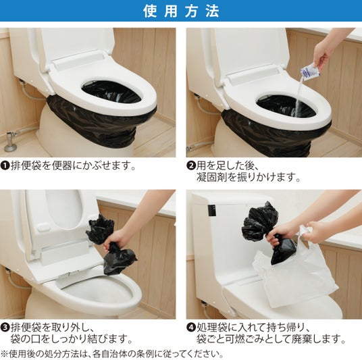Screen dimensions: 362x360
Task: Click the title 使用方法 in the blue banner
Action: tap(181, 11)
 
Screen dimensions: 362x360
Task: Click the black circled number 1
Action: tap(4, 165)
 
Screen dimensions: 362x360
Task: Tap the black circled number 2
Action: tap(191, 165)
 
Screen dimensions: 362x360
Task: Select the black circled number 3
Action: tap(4, 328)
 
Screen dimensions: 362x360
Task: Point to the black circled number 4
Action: tap(191, 328)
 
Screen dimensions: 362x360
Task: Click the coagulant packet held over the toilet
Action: tap(309, 72)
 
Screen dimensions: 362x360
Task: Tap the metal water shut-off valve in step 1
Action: tap(9, 142)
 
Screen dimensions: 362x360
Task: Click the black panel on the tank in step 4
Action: tap(211, 210)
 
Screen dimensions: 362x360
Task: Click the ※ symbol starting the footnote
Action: tap(5, 354)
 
